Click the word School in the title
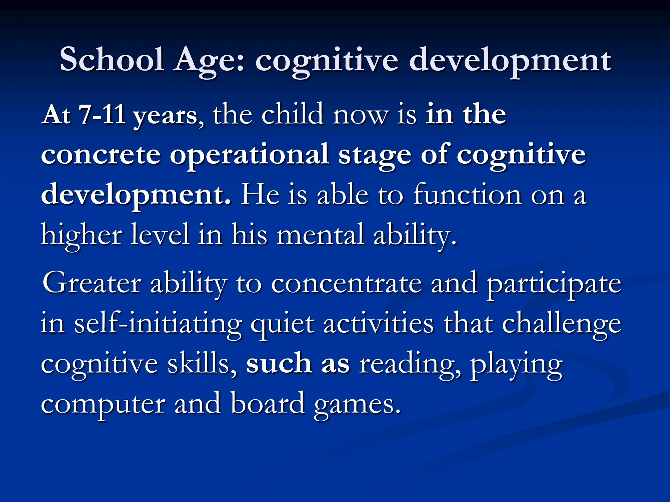pos(112,60)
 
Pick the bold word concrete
pos(101,155)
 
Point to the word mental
pos(320,235)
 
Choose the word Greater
pos(92,283)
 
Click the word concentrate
pos(346,283)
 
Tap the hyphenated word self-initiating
pos(158,324)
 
